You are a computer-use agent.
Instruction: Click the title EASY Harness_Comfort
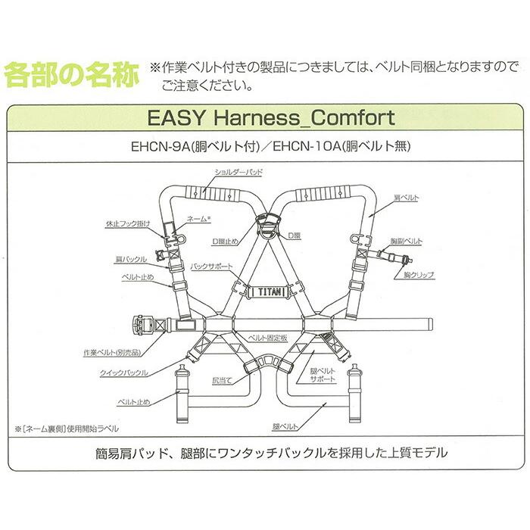point(267,119)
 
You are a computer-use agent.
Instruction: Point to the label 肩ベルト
point(410,197)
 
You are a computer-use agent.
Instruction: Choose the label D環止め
point(228,242)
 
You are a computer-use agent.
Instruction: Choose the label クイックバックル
point(124,373)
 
